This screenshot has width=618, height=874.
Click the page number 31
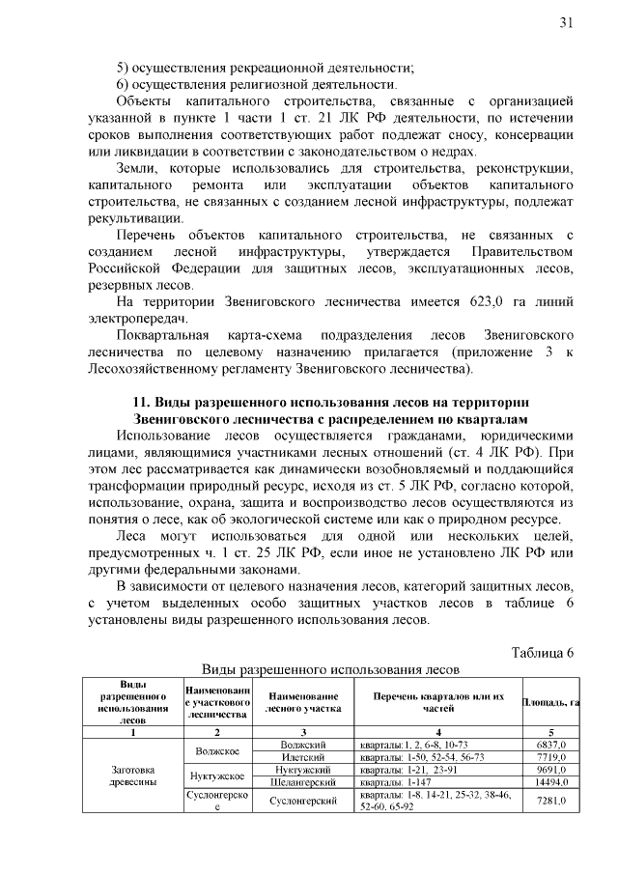566,23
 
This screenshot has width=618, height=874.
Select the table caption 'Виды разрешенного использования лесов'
329,669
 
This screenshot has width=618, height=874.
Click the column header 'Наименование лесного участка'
303,702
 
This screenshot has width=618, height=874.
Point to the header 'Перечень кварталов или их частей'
438,702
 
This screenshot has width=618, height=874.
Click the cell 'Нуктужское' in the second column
216,775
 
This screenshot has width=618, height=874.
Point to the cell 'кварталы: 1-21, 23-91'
414,770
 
